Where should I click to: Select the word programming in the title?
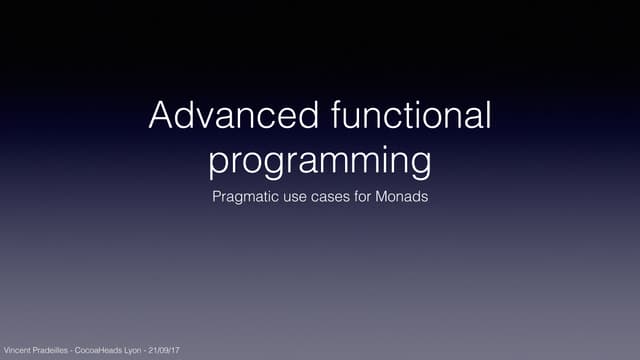(320, 159)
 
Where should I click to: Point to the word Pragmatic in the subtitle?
(245, 197)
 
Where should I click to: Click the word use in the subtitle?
(297, 197)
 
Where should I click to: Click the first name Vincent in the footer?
(17, 351)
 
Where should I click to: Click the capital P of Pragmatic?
(217, 197)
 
